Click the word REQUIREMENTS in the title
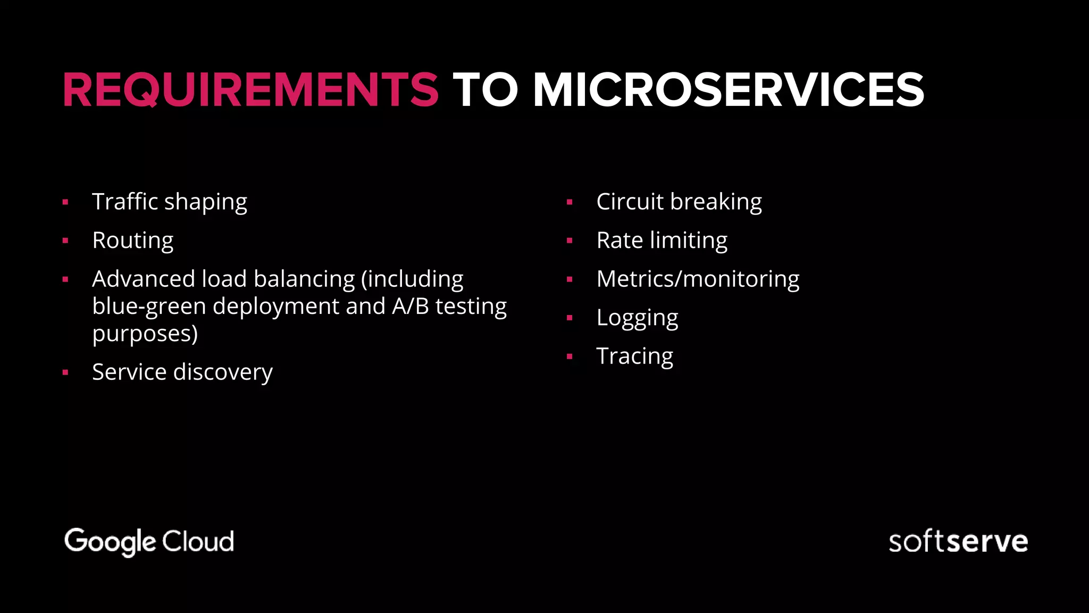[250, 90]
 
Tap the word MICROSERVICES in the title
[728, 90]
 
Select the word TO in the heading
[485, 90]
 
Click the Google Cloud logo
[149, 542]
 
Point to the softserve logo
[958, 542]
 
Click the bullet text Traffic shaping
[169, 202]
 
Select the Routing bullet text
[132, 241]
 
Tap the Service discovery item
[182, 372]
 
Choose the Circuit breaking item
[678, 202]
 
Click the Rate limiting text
[661, 241]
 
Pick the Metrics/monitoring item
[698, 279]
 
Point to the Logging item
[637, 318]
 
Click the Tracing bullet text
[634, 357]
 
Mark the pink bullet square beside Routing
[65, 241]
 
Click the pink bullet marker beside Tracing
[569, 357]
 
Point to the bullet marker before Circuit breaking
[569, 202]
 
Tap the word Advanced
[144, 279]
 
